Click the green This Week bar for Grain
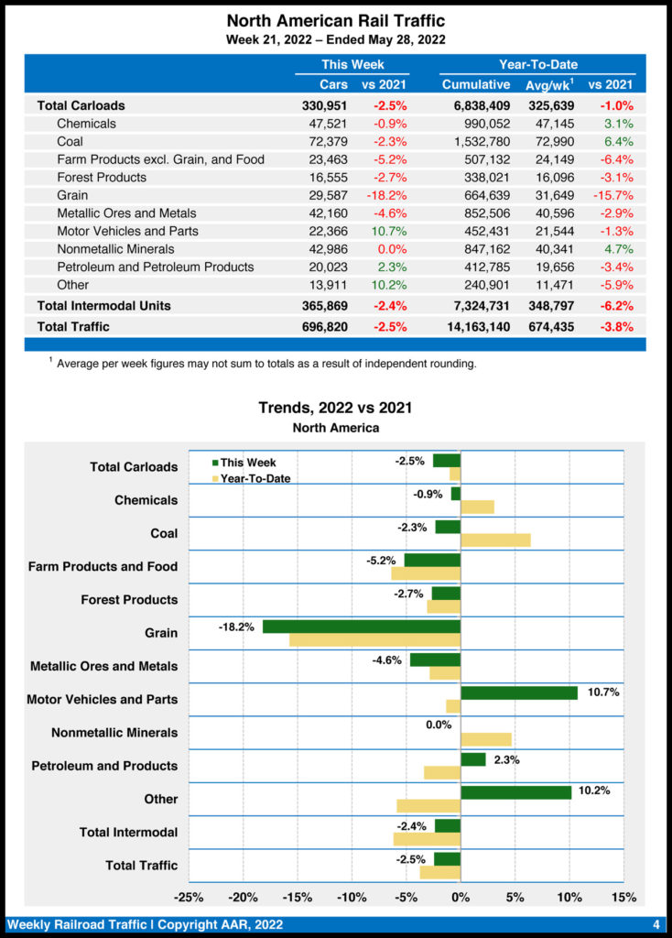(361, 627)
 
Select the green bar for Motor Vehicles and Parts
(518, 693)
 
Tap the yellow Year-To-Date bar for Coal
(495, 540)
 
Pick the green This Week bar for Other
(515, 792)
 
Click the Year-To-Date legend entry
(255, 478)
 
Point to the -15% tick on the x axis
(298, 896)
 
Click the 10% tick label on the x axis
(569, 896)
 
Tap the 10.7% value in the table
(388, 231)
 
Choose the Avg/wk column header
(547, 84)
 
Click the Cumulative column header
(476, 84)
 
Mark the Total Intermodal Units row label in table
(103, 305)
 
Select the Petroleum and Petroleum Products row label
(156, 267)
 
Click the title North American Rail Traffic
(335, 20)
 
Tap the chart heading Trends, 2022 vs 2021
(335, 408)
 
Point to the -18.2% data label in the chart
(236, 627)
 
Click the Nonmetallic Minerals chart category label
(114, 733)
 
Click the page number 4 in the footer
(656, 923)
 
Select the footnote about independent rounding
(266, 364)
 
